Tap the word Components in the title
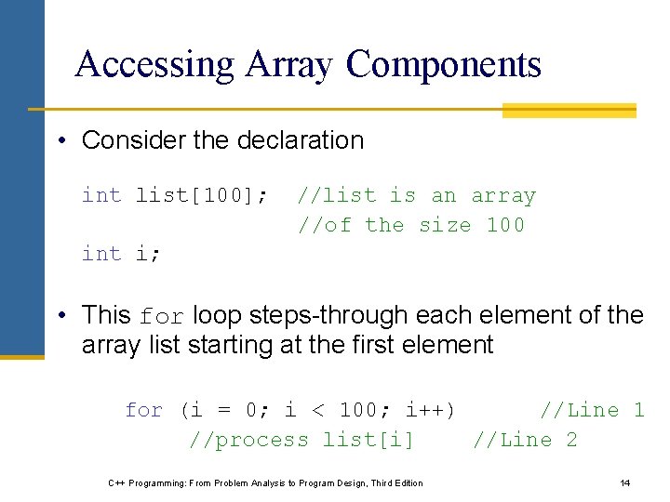coord(443,64)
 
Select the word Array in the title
coord(289,64)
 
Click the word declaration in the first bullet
coord(301,140)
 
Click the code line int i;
coord(121,254)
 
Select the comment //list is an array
coord(416,195)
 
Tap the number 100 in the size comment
coord(505,225)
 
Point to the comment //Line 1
coord(592,410)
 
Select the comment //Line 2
coord(525,440)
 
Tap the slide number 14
coord(624,482)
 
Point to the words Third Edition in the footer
coord(395,482)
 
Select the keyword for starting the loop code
coord(143,410)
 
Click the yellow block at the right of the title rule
coord(569,111)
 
